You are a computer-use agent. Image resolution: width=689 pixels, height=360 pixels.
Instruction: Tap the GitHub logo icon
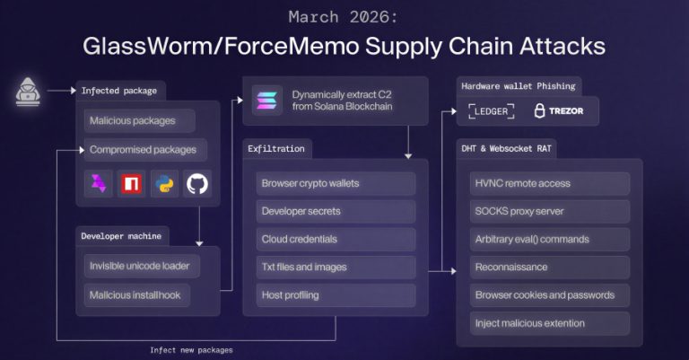(x=196, y=184)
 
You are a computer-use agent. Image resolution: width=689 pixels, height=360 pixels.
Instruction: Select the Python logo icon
(x=165, y=184)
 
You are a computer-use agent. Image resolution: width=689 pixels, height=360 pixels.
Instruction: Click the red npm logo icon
(x=132, y=184)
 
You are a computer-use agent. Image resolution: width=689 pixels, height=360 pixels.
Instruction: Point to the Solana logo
(x=266, y=100)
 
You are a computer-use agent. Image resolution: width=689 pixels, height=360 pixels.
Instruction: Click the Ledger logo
(x=491, y=111)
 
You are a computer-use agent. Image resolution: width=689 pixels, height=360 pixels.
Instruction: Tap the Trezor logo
(x=559, y=111)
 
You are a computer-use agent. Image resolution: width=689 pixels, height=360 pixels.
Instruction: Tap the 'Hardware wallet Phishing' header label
(x=518, y=86)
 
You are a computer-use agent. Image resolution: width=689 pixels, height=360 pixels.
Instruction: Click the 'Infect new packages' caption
(x=191, y=350)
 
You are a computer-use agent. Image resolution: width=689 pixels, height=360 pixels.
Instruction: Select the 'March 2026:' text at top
(x=344, y=16)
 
